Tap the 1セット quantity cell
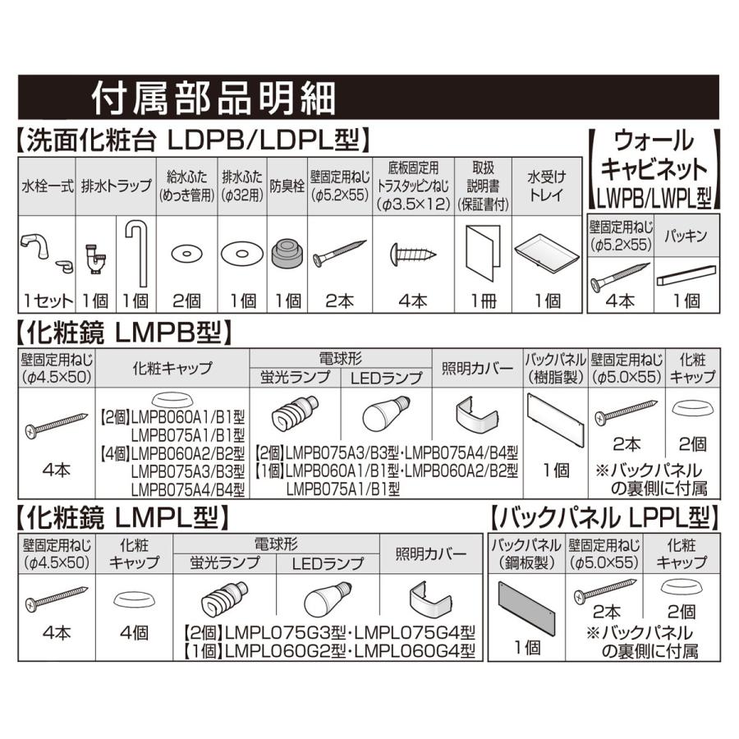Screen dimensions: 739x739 (x=46, y=300)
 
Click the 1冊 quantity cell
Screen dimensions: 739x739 (x=483, y=301)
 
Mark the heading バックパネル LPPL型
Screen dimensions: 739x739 (x=604, y=518)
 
